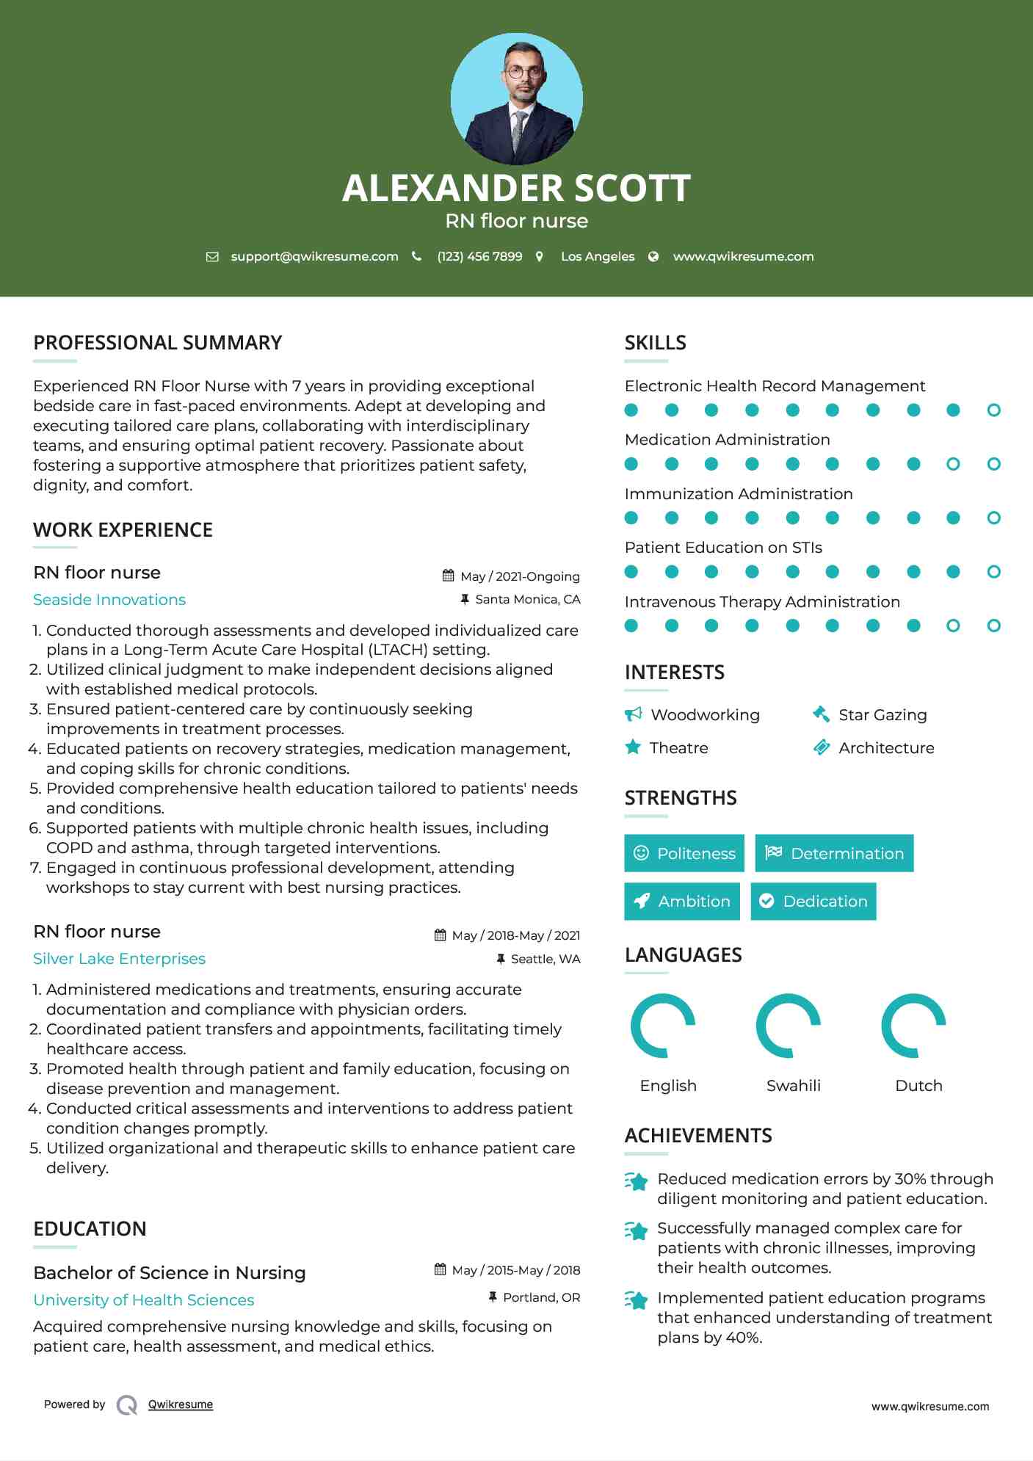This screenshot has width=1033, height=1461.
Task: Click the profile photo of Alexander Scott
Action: pos(516,98)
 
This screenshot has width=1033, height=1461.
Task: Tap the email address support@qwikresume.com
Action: pos(314,256)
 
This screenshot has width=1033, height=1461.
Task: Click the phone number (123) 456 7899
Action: pos(479,256)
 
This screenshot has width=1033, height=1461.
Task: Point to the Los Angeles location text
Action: pos(598,256)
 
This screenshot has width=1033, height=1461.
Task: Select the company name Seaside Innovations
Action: pos(109,600)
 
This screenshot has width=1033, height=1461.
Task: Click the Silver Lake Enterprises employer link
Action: pos(119,959)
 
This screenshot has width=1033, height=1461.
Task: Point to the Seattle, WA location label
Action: pos(545,959)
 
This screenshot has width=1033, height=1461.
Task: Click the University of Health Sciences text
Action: pos(144,1300)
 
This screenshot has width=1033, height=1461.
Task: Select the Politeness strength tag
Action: pos(684,853)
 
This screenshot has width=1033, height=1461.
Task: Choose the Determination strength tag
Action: pos(834,853)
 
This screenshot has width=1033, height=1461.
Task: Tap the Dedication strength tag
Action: pos(813,901)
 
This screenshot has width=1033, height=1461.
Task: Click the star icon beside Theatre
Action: pos(633,747)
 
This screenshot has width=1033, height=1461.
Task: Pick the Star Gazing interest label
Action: pos(882,715)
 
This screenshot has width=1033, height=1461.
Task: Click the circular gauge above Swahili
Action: pos(789,1026)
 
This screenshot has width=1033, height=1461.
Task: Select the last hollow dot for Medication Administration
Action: pos(993,464)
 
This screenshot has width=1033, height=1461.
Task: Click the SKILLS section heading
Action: pos(655,343)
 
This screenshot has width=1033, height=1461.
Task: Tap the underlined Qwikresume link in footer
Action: pos(181,1404)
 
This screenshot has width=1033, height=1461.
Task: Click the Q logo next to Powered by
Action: pos(127,1404)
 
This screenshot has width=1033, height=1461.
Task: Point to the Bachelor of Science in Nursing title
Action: pos(170,1273)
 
